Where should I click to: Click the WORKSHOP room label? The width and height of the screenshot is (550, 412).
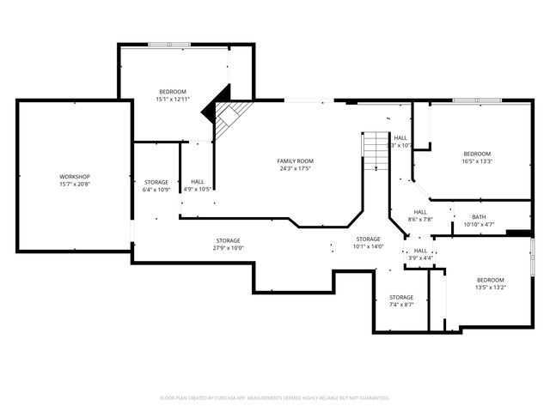[x=75, y=177]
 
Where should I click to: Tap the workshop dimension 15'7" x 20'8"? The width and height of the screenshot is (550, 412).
[x=75, y=185]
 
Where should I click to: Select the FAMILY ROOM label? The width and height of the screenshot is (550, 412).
[x=295, y=161]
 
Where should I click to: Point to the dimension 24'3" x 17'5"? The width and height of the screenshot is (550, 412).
[x=295, y=169]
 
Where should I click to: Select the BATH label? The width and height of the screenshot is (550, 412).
[x=479, y=216]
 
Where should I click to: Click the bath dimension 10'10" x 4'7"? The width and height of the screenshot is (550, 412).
[x=479, y=224]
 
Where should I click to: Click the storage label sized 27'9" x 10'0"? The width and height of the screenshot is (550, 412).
[x=228, y=240]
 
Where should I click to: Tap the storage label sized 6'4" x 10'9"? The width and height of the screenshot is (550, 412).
[x=156, y=182]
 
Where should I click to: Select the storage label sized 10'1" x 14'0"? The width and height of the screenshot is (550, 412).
[x=368, y=239]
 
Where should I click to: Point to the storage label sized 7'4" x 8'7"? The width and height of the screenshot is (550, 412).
[x=401, y=297]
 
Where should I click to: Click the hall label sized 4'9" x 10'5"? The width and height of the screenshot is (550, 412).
[x=198, y=182]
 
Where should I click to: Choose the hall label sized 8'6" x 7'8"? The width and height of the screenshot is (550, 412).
[x=420, y=212]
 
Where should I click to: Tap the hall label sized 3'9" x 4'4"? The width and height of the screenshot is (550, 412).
[x=420, y=251]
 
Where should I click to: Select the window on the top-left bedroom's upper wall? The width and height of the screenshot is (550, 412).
[x=169, y=44]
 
